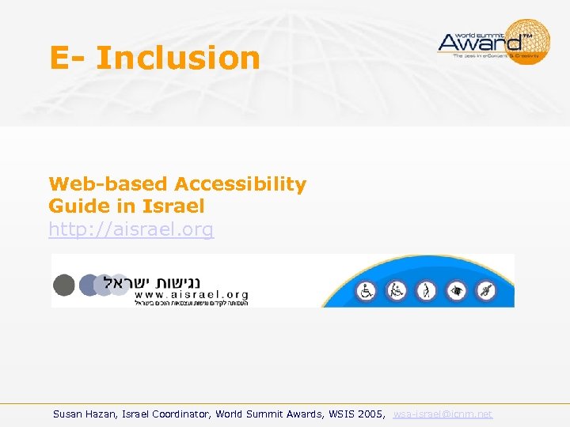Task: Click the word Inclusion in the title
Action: pos(177,58)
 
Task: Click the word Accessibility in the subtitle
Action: pos(241,184)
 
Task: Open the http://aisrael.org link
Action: pos(131,229)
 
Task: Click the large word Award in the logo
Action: pos(480,41)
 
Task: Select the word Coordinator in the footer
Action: pos(180,414)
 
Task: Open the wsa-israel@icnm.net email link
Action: pos(443,414)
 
